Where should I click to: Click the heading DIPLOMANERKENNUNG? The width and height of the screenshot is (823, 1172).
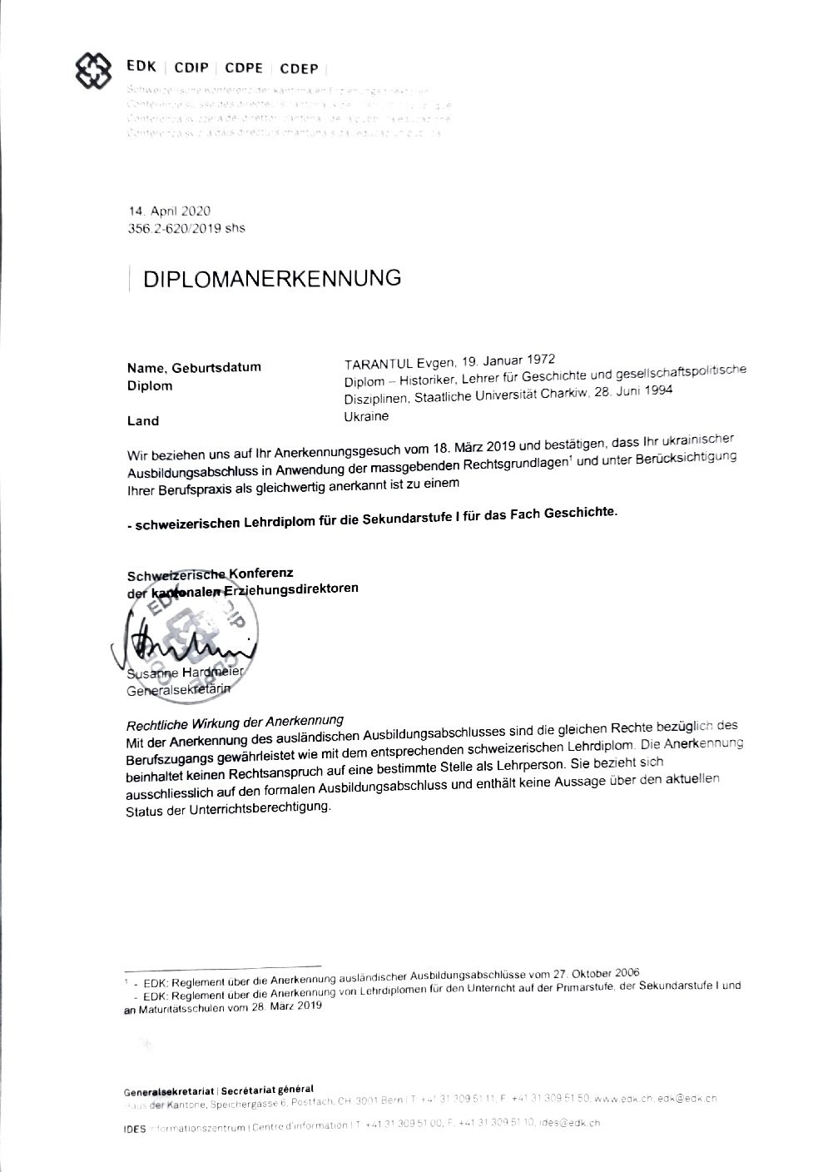pos(272,278)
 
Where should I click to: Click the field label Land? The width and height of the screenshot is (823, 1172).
pos(142,421)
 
